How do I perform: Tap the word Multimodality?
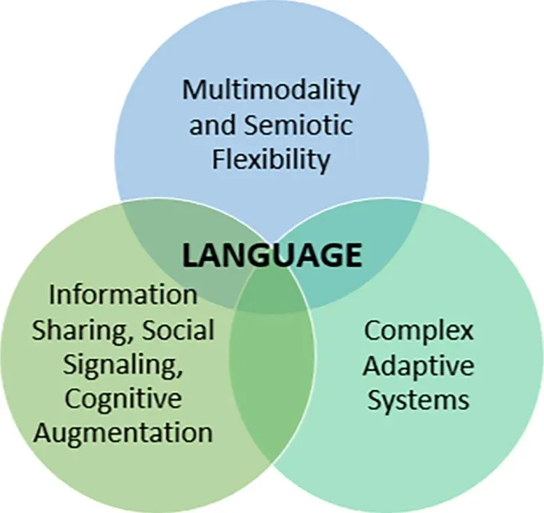(271, 91)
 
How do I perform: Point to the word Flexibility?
(271, 160)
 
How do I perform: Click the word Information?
(123, 295)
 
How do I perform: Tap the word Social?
(178, 329)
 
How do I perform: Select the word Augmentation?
(123, 433)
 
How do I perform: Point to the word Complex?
(418, 331)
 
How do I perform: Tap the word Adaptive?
(418, 365)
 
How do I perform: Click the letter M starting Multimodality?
(193, 90)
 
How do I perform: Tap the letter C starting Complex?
(372, 331)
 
